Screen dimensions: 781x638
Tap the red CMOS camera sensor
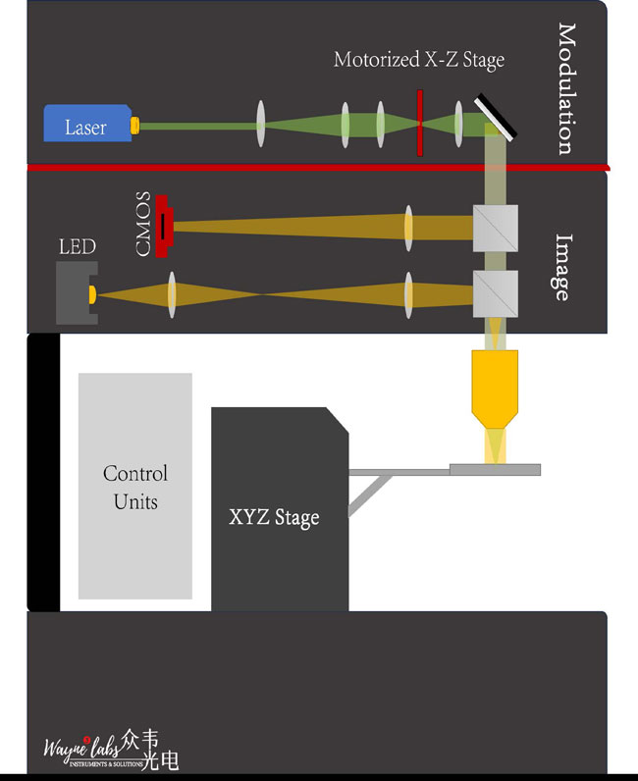pyautogui.click(x=163, y=227)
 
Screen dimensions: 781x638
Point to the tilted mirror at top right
pyautogui.click(x=500, y=115)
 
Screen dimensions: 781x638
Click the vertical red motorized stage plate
pyautogui.click(x=420, y=124)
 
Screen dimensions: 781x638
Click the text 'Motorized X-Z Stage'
pyautogui.click(x=419, y=60)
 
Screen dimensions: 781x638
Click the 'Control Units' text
pyautogui.click(x=135, y=487)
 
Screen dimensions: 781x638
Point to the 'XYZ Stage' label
pyautogui.click(x=274, y=516)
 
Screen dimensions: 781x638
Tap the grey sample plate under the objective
pyautogui.click(x=495, y=469)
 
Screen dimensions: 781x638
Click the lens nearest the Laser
pyautogui.click(x=260, y=125)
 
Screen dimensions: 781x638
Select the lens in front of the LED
pyautogui.click(x=172, y=293)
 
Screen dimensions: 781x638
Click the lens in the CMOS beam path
pyautogui.click(x=407, y=228)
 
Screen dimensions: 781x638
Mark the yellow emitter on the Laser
pyautogui.click(x=136, y=127)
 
